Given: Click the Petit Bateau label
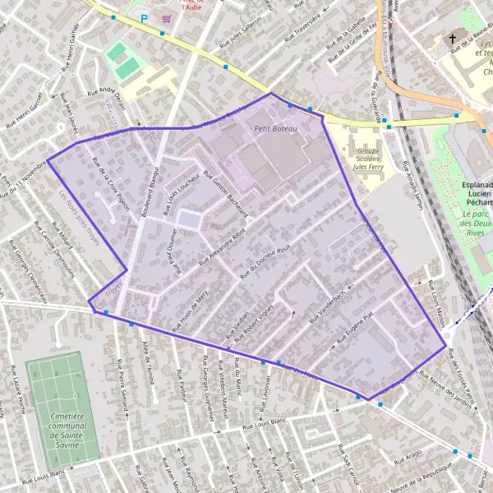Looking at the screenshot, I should click(x=274, y=128).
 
